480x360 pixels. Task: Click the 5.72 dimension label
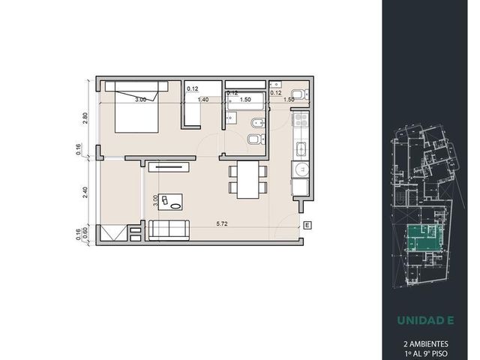tap(222, 223)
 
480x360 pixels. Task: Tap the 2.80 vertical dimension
tap(85, 118)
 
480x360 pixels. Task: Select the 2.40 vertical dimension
tap(85, 192)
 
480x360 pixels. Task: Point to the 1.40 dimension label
tap(203, 100)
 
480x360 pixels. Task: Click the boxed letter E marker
tap(307, 226)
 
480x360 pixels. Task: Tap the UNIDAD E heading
tap(425, 320)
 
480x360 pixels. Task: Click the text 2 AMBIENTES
tap(426, 344)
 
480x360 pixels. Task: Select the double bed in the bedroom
tap(136, 107)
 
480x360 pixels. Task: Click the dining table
tap(248, 180)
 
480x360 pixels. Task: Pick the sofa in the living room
tap(169, 230)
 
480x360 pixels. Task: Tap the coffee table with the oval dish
tap(170, 202)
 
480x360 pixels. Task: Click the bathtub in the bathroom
tap(245, 102)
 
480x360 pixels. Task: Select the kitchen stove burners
tap(300, 119)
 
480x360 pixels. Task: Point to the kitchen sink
tap(301, 150)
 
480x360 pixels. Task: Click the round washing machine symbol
tap(300, 169)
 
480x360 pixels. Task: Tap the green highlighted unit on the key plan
tap(424, 238)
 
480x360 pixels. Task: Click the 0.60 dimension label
tap(85, 230)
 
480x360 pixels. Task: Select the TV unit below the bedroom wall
tap(169, 167)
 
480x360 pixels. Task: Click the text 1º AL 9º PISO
tap(426, 354)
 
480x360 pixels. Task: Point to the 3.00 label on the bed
tap(141, 100)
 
